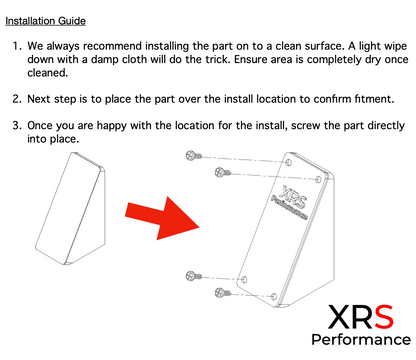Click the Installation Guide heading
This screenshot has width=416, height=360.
pos(45,21)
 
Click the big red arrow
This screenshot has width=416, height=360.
pos(162,218)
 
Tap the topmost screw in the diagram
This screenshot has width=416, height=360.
pos(194,155)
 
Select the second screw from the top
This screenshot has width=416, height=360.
pos(223,172)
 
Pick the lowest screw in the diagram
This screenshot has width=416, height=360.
pos(223,293)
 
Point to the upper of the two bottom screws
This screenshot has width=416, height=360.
pos(194,276)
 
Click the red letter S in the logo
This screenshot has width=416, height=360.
pos(384,317)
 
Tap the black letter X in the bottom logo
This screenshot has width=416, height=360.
pos(339,317)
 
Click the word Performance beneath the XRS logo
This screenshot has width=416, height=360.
pos(361,340)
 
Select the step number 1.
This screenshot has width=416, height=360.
pos(17,46)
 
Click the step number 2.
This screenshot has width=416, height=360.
pos(17,99)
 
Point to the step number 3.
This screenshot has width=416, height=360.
pos(17,125)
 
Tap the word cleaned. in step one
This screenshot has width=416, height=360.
pos(48,72)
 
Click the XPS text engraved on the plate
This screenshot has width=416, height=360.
pos(293,196)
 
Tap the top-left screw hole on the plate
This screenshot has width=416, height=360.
pos(289,163)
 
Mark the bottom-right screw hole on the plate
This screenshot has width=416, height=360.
pos(274,296)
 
